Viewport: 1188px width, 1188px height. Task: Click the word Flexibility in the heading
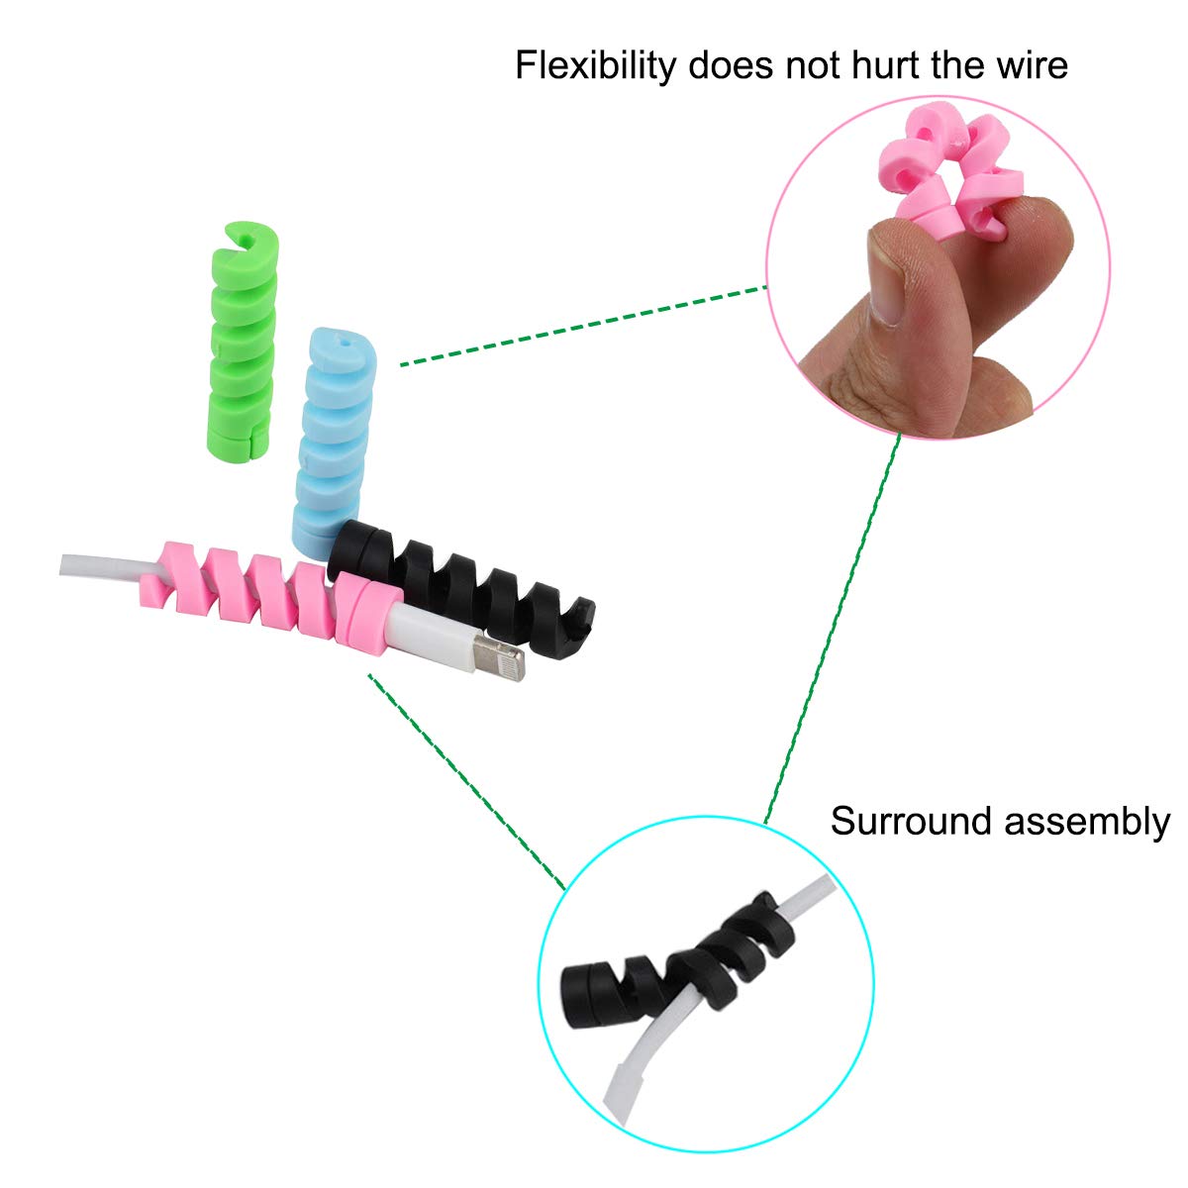click(x=595, y=66)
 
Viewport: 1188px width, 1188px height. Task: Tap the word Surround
click(x=912, y=821)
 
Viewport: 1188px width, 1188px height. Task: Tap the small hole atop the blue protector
click(x=345, y=340)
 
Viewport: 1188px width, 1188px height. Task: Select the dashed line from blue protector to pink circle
click(x=583, y=326)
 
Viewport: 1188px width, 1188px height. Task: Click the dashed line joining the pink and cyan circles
click(x=833, y=628)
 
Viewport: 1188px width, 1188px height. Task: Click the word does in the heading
click(x=730, y=64)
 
